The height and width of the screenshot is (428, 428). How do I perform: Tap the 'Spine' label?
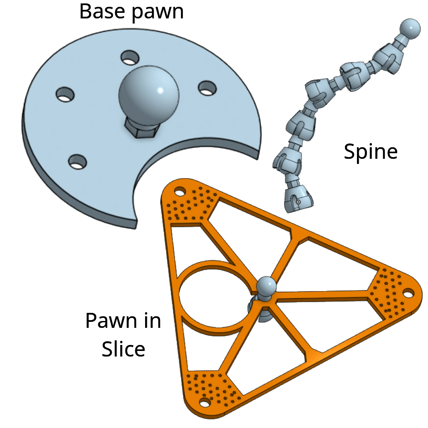(371, 152)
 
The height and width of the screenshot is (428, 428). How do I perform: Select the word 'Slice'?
(123, 349)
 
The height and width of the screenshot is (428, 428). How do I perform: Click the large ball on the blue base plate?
(149, 92)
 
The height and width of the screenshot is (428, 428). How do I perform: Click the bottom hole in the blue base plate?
(78, 161)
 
